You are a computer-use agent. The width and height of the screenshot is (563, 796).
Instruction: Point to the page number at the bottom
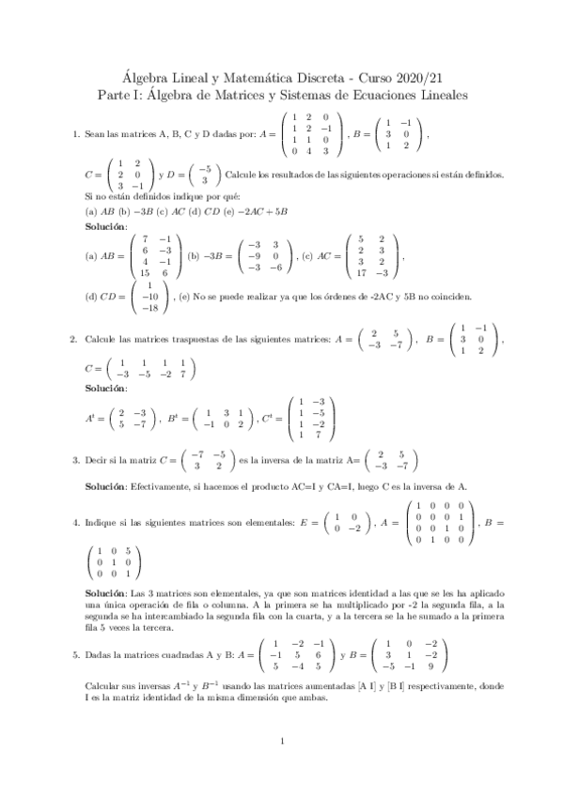click(282, 742)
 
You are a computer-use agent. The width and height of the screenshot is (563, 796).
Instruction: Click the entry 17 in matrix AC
click(363, 274)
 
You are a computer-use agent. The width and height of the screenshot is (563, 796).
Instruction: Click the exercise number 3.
click(75, 460)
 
